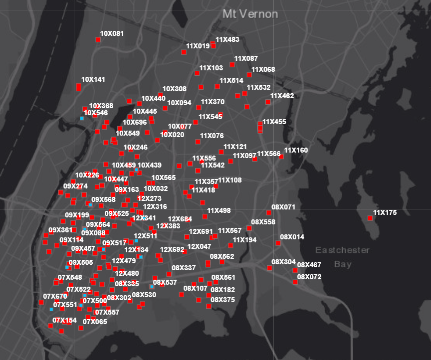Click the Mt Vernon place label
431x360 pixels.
[250, 14]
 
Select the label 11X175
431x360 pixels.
[385, 213]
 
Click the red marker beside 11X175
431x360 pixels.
[370, 218]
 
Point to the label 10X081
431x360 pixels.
[112, 34]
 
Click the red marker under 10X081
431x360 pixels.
[98, 40]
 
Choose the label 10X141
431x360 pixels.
[93, 79]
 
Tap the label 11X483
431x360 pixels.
[227, 39]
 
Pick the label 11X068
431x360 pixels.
[263, 69]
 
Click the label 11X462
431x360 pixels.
[282, 96]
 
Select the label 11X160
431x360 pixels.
[296, 150]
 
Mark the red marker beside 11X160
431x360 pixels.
[281, 157]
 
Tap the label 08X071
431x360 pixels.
[283, 206]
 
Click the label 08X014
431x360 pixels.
[292, 237]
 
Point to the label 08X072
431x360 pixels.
[309, 277]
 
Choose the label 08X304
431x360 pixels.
[283, 262]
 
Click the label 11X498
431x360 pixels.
[219, 210]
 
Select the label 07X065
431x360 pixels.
[95, 322]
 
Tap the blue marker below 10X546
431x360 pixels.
[82, 118]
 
